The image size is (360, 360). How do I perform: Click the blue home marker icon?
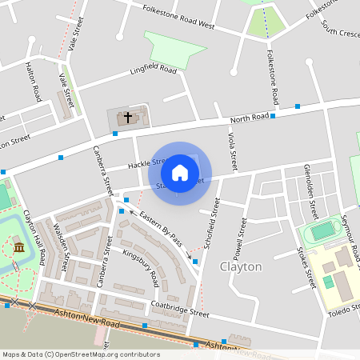tap(180, 173)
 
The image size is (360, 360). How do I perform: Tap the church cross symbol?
tap(126, 118)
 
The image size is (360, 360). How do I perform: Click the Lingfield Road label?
tap(153, 70)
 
